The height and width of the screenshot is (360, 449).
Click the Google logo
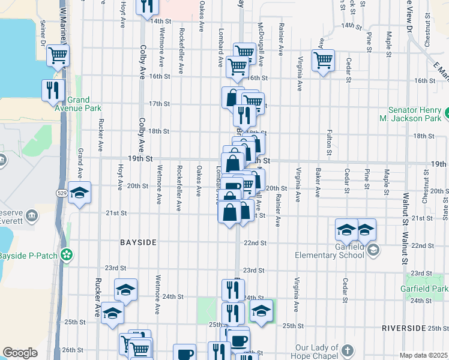20,353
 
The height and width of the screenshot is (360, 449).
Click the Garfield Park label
424,289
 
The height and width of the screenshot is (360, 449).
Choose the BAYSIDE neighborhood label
138,242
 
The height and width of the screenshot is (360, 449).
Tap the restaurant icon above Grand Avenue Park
53,90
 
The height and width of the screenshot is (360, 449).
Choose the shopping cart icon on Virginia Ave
323,60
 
